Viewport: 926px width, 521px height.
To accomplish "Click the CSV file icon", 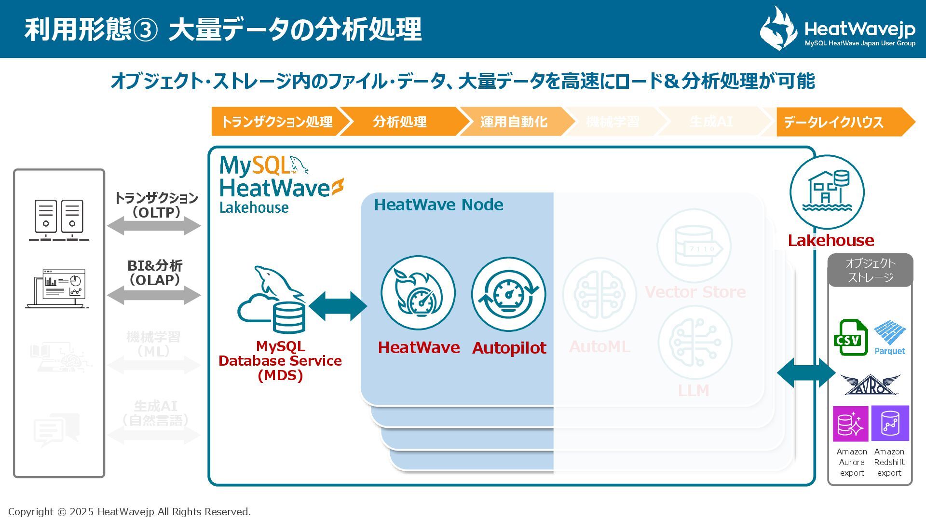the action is pos(850,337).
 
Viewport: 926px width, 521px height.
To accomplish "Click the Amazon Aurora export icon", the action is pos(851,424).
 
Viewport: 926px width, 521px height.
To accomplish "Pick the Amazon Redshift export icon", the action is pos(890,424).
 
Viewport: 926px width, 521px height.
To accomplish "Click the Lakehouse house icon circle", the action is pos(827,192).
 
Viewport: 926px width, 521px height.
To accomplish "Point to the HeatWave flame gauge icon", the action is pos(418,293).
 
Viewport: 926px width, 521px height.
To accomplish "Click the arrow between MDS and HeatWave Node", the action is pos(338,306).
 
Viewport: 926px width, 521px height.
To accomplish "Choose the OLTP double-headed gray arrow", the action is pos(154,225).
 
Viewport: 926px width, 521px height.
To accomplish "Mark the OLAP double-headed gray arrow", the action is pos(154,295).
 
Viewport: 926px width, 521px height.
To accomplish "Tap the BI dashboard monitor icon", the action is pos(58,288).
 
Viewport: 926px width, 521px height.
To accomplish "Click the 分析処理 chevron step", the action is pos(399,122).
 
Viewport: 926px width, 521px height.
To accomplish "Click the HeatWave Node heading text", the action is pos(438,205).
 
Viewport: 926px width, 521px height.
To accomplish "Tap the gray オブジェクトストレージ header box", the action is pos(870,270).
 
